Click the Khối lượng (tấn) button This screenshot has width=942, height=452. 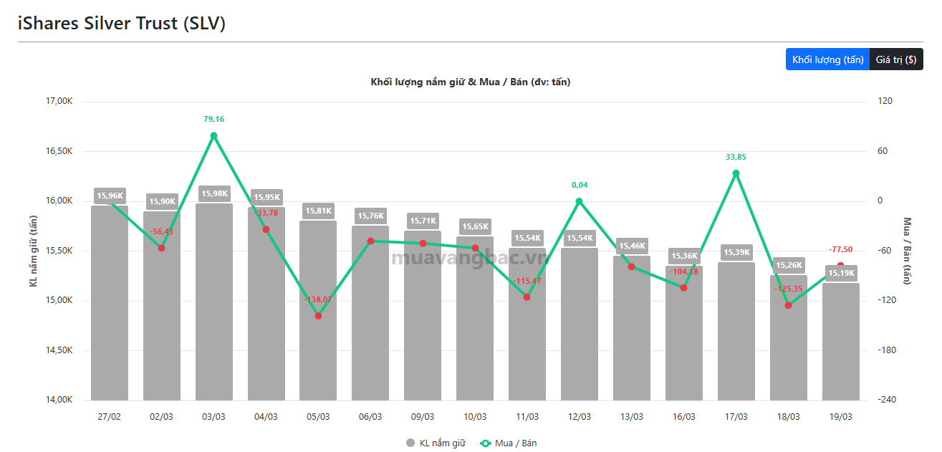(827, 59)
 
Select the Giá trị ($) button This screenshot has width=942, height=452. (895, 59)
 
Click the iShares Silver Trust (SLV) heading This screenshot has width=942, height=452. (122, 23)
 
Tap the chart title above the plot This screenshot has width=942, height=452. (470, 82)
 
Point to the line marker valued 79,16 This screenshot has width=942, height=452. (213, 135)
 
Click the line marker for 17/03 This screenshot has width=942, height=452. (736, 173)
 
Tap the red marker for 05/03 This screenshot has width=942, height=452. (318, 316)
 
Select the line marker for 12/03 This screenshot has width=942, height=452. (580, 201)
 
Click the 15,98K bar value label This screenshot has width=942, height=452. (214, 193)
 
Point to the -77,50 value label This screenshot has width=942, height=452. (840, 249)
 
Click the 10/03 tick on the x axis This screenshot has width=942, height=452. (475, 417)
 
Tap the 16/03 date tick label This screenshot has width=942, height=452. (683, 417)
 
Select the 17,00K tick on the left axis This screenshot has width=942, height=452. (59, 101)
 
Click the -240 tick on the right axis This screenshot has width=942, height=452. (885, 400)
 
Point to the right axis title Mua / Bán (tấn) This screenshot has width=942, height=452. (908, 251)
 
